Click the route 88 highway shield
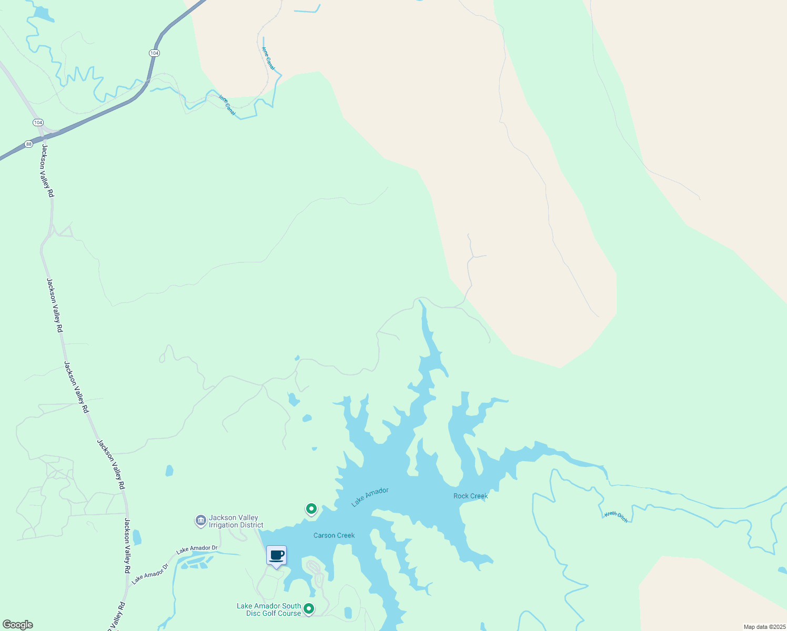tap(28, 144)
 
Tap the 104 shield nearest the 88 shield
tap(38, 123)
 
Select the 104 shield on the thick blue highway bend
tap(154, 53)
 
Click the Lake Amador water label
tap(370, 497)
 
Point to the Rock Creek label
tap(470, 496)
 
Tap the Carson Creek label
tap(334, 535)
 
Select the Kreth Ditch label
tap(616, 517)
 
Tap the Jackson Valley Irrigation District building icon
tap(200, 521)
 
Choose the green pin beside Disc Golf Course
tap(309, 609)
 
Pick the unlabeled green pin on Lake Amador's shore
tap(311, 509)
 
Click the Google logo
tap(17, 625)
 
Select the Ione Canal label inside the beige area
tap(268, 58)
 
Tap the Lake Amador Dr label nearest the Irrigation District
tap(197, 548)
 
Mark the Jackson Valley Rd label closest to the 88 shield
tap(48, 171)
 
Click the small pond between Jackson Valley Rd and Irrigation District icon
tap(137, 537)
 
